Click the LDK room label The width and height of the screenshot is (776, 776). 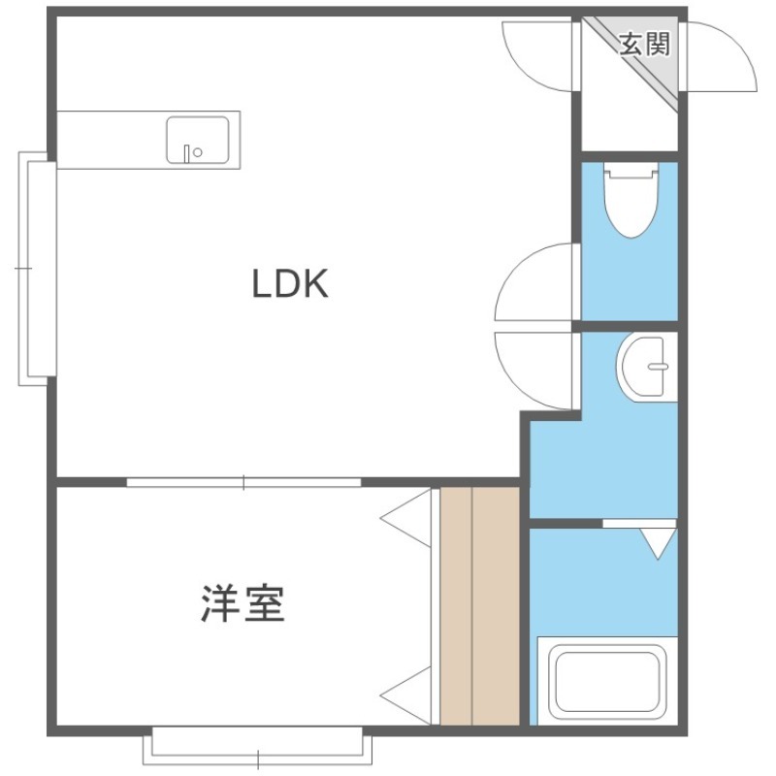290,283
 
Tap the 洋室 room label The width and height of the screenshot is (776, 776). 243,603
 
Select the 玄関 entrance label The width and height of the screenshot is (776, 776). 645,45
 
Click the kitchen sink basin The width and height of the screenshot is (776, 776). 198,140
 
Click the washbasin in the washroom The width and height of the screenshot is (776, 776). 646,367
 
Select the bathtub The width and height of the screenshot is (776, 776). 608,682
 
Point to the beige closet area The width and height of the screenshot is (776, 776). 480,607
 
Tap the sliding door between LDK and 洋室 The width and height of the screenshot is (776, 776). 243,482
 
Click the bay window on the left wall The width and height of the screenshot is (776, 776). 38,269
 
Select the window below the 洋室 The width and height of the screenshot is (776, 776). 257,746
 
